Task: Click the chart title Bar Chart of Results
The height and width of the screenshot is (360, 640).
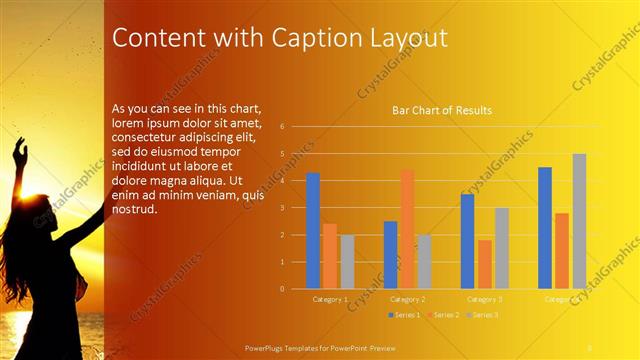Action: (x=441, y=110)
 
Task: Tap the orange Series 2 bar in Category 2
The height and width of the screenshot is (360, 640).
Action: (x=407, y=229)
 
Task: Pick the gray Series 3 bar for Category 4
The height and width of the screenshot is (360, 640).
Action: (x=579, y=221)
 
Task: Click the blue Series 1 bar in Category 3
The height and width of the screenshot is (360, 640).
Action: (x=467, y=241)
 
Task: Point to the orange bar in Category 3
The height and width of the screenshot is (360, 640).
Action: (x=485, y=264)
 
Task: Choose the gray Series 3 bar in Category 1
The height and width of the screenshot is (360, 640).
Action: (x=347, y=262)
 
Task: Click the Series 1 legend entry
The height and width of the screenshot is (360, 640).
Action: (x=403, y=315)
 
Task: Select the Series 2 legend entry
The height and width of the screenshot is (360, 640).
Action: (x=442, y=315)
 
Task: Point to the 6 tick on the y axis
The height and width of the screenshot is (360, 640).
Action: (x=283, y=127)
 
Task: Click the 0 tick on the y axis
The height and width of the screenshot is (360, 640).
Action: (x=283, y=289)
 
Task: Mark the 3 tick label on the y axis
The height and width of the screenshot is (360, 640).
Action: (x=283, y=208)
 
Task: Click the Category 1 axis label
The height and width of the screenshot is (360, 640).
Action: (x=330, y=299)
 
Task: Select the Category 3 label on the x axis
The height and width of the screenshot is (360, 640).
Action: (x=485, y=299)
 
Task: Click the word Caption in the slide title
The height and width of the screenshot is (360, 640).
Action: (x=305, y=38)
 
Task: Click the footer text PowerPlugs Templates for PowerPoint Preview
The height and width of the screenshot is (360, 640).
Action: (x=327, y=348)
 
